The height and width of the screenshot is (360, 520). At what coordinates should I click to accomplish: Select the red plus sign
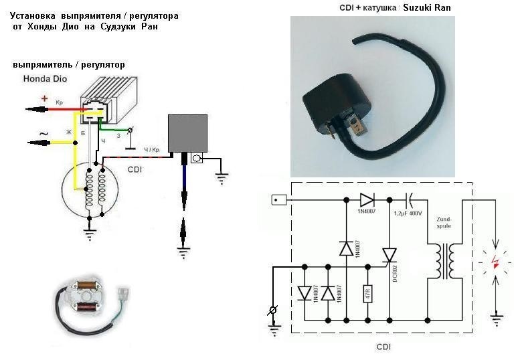click(45, 99)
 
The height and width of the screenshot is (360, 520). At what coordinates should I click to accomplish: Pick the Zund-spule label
click(444, 221)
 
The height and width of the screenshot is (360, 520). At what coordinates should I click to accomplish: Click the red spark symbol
click(495, 262)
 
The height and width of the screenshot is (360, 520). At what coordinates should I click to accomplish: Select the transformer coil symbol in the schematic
click(444, 261)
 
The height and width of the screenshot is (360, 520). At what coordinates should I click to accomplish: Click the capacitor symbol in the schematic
click(410, 199)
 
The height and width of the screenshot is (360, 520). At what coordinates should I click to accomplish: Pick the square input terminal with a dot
click(278, 199)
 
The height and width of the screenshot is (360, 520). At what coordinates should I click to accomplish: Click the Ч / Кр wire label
click(151, 149)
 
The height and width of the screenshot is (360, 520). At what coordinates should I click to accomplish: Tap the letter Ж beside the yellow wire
click(68, 132)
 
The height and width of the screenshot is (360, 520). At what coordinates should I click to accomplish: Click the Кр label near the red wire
click(59, 102)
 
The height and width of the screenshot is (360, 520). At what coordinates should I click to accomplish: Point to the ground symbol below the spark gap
click(496, 319)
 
